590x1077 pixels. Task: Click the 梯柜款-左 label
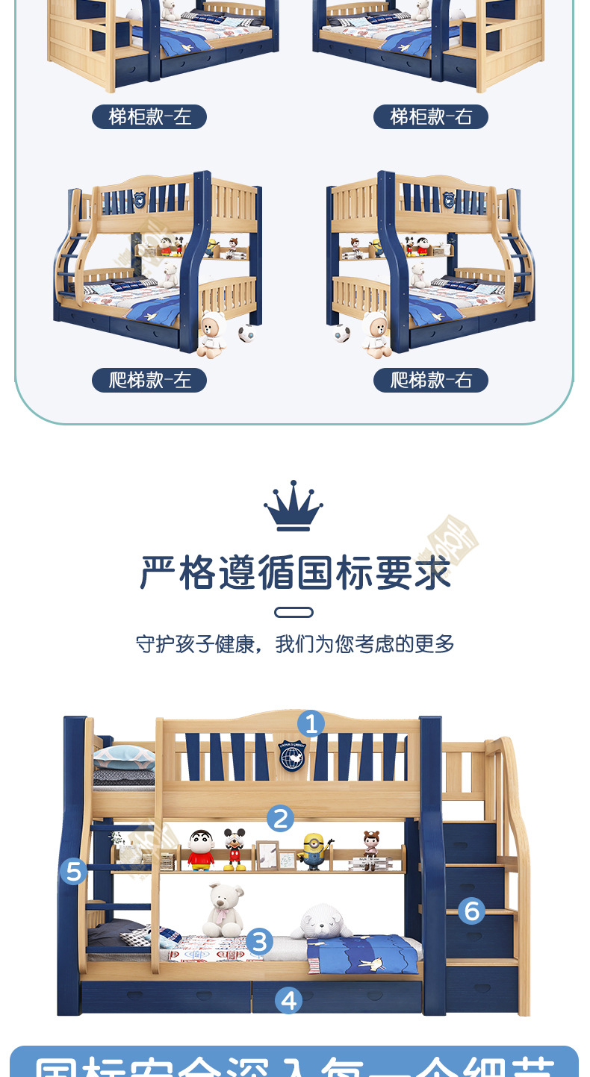click(149, 116)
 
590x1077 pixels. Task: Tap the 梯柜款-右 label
click(431, 116)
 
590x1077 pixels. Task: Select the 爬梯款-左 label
click(149, 380)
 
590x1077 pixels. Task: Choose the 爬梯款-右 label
click(431, 380)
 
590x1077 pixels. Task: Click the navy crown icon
click(294, 507)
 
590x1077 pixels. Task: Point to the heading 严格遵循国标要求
click(294, 572)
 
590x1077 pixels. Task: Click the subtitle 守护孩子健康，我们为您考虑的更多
click(295, 644)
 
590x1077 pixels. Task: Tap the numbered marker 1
click(311, 723)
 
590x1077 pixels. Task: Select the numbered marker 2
click(280, 819)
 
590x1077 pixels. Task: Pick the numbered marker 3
click(258, 941)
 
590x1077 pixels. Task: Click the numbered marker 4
click(288, 1000)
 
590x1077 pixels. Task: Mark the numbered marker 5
click(73, 871)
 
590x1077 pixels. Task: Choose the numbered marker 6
click(471, 911)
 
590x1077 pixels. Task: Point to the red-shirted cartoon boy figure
click(200, 851)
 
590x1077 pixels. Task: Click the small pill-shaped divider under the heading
click(294, 613)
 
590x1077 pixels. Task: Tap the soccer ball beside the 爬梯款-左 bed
click(246, 333)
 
